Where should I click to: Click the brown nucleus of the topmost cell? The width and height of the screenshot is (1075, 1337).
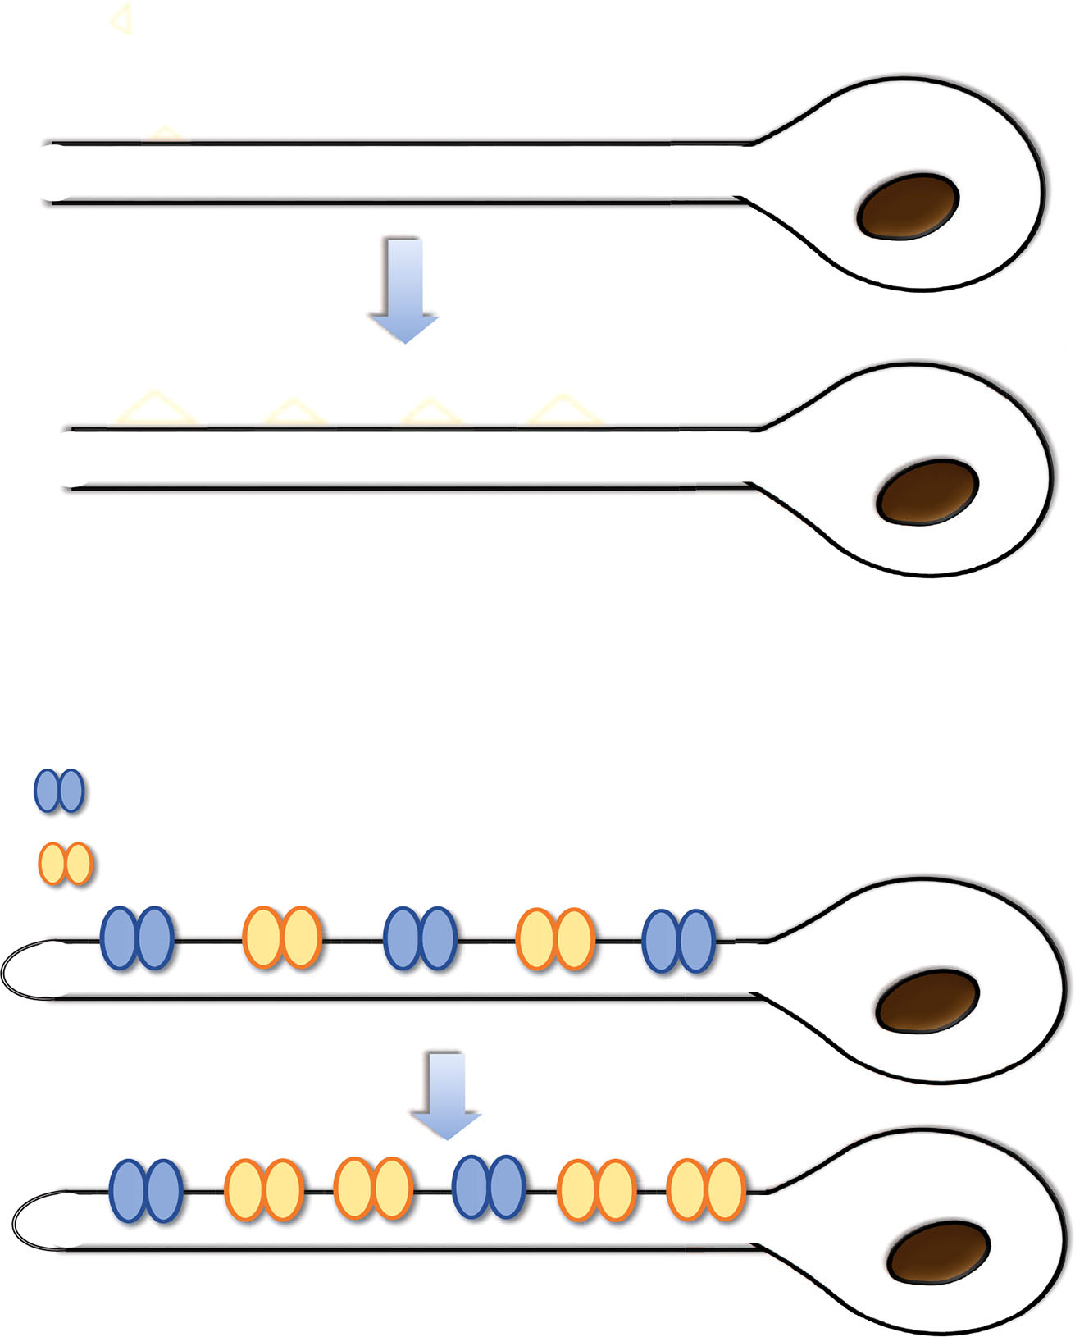click(907, 207)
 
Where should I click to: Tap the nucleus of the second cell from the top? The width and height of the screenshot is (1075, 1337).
click(927, 493)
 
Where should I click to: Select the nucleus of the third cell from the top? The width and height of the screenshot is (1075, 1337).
click(927, 1002)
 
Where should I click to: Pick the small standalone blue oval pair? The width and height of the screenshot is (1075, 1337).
click(59, 791)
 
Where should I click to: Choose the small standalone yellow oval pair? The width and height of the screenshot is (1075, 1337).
click(66, 864)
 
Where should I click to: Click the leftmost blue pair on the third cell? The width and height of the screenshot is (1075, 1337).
click(136, 939)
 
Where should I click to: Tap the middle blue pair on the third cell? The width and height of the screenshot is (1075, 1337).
click(420, 939)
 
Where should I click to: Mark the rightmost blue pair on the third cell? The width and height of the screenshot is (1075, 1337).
click(678, 941)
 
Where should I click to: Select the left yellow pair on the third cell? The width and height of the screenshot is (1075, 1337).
click(281, 938)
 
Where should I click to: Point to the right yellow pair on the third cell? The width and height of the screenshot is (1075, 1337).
click(555, 939)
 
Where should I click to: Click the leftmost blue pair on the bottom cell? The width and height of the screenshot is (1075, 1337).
click(145, 1191)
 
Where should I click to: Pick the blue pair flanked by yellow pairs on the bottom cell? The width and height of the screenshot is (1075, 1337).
click(489, 1187)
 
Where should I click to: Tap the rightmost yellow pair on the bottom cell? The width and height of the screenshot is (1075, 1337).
click(706, 1189)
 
